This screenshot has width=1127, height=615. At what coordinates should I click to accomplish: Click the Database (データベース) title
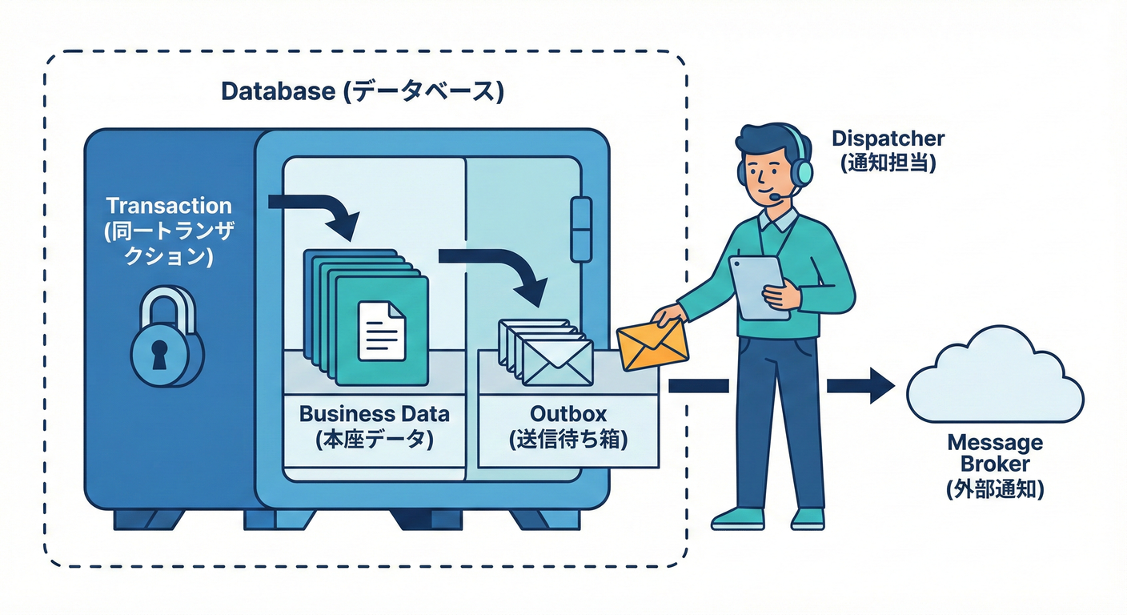click(363, 91)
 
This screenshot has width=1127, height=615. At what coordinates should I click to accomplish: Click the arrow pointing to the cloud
click(860, 386)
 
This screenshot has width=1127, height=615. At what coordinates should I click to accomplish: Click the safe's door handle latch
click(581, 228)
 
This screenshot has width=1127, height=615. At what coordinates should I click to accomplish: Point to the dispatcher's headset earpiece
click(804, 170)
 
